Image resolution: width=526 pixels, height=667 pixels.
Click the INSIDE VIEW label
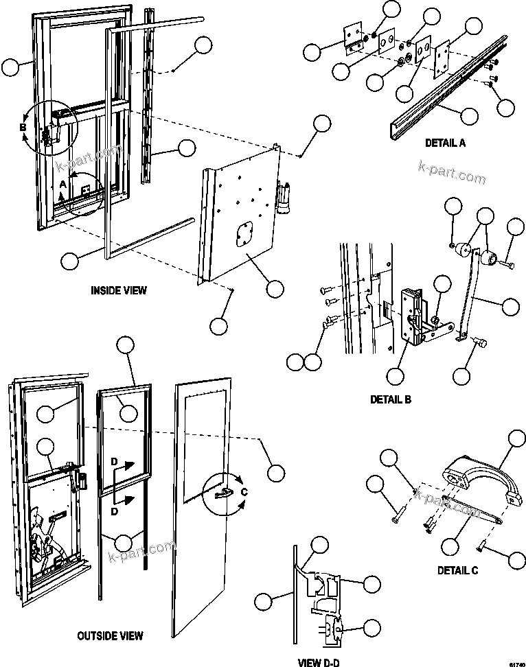click(x=119, y=290)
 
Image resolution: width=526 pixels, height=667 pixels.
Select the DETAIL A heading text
click(x=445, y=143)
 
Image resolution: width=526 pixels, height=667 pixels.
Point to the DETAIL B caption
click(x=390, y=399)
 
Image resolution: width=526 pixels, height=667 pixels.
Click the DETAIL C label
click(x=458, y=570)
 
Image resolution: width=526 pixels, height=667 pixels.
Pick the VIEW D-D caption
click(x=318, y=662)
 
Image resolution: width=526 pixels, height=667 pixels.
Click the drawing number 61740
click(x=516, y=663)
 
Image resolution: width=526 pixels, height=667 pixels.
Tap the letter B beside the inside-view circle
click(x=23, y=128)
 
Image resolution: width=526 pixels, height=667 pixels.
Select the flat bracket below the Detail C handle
click(x=473, y=511)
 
